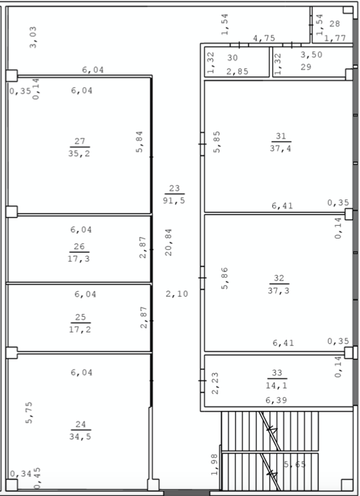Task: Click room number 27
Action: pos(80,141)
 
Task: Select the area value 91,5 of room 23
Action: pos(174,200)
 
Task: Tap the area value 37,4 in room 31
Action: pos(281,148)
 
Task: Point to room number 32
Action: pos(279,278)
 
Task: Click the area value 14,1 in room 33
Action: pos(276,385)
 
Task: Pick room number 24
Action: pos(80,424)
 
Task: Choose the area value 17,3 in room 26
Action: pos(79,258)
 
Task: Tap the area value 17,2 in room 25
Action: pos(80,329)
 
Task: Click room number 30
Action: pos(232,57)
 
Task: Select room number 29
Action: pos(306,67)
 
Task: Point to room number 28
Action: pos(335,24)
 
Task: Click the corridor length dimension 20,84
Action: pos(168,243)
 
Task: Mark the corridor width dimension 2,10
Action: pos(177,294)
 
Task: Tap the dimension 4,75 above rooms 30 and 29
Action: pos(264,39)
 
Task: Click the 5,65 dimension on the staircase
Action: pos(295,464)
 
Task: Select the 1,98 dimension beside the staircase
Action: pos(214,465)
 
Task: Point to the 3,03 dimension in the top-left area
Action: pos(33,37)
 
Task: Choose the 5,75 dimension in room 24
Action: pos(29,412)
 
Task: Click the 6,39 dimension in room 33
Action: pos(276,400)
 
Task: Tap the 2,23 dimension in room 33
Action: pos(215,383)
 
